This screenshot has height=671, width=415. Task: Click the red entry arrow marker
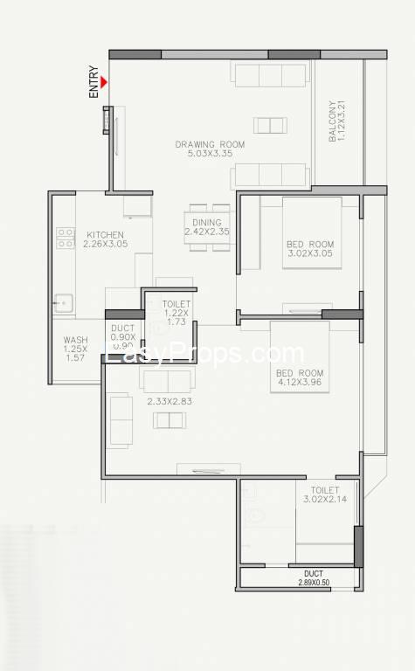(x=104, y=82)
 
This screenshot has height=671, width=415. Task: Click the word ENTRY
(x=93, y=82)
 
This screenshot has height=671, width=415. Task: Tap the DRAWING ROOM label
(x=210, y=144)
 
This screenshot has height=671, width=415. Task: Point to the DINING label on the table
(x=207, y=223)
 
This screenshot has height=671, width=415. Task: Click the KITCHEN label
(x=105, y=234)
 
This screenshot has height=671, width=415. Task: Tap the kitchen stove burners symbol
(x=66, y=238)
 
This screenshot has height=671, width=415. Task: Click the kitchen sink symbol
(x=63, y=303)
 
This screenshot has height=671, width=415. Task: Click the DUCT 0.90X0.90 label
(x=123, y=336)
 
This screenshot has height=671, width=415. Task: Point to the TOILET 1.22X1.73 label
(x=176, y=313)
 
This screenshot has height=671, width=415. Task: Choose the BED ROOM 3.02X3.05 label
(x=310, y=249)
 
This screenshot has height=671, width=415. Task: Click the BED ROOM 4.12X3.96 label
(x=300, y=377)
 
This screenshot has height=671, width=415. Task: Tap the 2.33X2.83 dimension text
(x=169, y=401)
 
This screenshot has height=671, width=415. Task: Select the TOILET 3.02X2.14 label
(x=325, y=495)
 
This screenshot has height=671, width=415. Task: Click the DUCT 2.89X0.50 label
(x=314, y=578)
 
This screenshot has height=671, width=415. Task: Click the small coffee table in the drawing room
(x=270, y=126)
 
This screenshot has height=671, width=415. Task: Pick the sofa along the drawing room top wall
(x=270, y=73)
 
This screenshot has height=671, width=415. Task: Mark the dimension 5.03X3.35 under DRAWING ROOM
(x=210, y=153)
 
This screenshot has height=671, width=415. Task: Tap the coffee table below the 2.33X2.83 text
(x=169, y=420)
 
